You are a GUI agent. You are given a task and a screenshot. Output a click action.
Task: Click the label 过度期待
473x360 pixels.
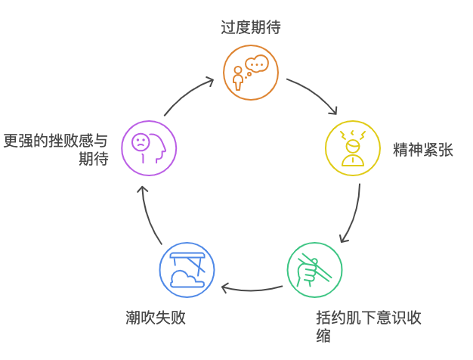[251, 28]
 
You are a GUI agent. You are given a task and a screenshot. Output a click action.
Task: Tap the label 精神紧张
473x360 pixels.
[422, 149]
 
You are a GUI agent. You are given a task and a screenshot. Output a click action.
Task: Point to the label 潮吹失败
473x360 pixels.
[156, 317]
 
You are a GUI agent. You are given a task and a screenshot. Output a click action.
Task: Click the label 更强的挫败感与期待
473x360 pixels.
[57, 149]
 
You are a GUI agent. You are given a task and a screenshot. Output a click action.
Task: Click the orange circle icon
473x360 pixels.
[251, 72]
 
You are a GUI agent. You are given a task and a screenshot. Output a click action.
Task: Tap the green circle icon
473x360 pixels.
[314, 269]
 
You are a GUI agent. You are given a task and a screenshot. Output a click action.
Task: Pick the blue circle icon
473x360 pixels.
[187, 269]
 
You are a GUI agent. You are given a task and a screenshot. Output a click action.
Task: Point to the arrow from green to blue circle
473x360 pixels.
[252, 288]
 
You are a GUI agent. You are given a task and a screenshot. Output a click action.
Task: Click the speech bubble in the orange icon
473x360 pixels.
[258, 64]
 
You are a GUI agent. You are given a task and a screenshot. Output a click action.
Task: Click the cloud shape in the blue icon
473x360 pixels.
[185, 278]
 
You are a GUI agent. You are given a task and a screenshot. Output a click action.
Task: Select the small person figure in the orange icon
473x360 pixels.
[239, 78]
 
